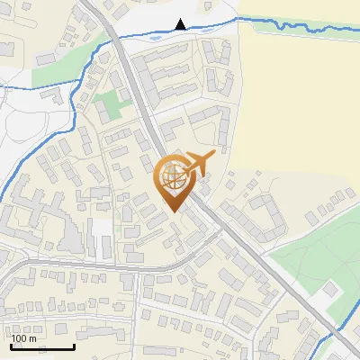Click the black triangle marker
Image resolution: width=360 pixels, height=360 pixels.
[182, 24]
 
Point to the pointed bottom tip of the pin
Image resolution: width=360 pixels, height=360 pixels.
[172, 210]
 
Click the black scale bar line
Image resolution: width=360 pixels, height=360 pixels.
[41, 347]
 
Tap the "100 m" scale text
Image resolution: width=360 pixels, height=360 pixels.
[24, 338]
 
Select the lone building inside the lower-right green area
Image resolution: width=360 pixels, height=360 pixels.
[331, 291]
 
